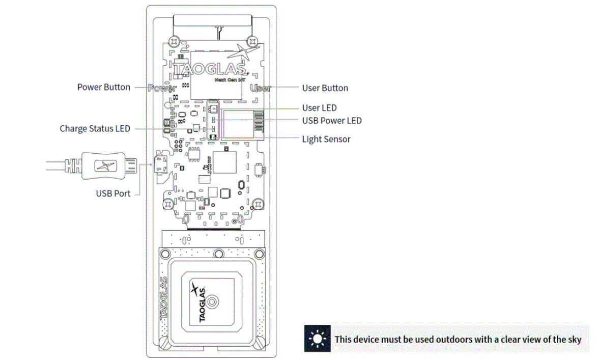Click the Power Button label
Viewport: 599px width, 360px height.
[x=103, y=87]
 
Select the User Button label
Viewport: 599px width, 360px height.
[x=325, y=88]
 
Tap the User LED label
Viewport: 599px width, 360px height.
[x=319, y=108]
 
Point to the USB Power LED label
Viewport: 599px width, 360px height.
[x=332, y=121]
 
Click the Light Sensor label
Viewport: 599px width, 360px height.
[x=326, y=139]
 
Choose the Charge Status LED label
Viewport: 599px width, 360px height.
[x=95, y=129]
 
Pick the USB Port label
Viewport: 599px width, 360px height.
[x=113, y=193]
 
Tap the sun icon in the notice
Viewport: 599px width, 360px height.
[x=318, y=339]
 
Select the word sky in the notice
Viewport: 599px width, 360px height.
[x=574, y=339]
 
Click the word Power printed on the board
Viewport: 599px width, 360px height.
[x=162, y=88]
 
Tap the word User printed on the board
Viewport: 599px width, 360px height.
[x=260, y=88]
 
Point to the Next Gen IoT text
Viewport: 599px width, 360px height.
[x=227, y=80]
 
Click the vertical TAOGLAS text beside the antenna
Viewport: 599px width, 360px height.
[x=163, y=298]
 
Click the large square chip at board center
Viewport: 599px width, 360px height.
[x=224, y=162]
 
